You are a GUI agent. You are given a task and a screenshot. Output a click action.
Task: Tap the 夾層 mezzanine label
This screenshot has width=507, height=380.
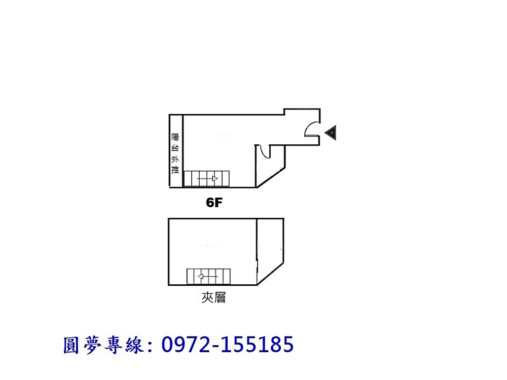point(213,298)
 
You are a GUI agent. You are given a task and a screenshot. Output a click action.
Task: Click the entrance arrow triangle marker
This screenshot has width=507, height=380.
point(331,133)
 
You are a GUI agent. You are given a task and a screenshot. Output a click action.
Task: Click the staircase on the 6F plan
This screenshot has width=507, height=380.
point(206,179)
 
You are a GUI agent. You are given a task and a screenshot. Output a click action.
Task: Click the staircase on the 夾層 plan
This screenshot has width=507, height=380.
point(208,277)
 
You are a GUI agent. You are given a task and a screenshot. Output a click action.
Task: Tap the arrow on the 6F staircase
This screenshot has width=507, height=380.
point(208,179)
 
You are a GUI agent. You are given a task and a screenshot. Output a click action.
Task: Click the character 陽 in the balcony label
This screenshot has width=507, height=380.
point(175,137)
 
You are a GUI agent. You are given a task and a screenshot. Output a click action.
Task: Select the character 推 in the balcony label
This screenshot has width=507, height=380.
point(175,170)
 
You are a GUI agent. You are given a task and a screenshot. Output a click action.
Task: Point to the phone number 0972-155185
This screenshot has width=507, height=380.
point(228,345)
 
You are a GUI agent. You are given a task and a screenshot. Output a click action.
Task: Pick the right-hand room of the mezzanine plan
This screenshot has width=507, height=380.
point(270,248)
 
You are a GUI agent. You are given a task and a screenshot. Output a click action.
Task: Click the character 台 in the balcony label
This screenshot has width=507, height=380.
point(175,148)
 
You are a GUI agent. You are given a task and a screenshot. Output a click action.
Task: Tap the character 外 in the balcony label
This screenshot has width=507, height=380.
point(175,159)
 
